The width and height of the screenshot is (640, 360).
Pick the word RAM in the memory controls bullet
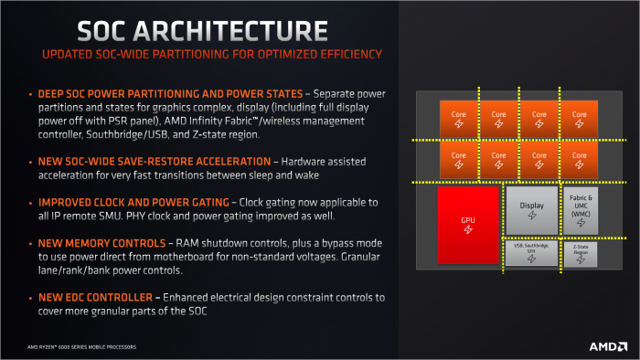pyautogui.click(x=178, y=244)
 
